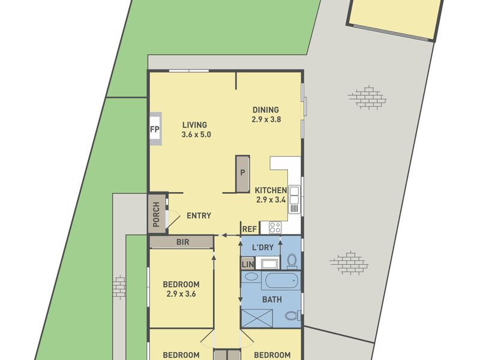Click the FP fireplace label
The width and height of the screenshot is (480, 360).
(155, 129)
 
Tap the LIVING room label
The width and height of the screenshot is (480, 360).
(194, 125)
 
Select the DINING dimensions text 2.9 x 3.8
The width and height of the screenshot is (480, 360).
(266, 119)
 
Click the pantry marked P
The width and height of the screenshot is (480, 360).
(242, 174)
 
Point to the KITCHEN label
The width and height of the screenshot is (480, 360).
(271, 190)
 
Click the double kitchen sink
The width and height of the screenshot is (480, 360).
(294, 196)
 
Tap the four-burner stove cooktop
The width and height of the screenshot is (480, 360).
(275, 228)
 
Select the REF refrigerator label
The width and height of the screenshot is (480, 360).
(250, 229)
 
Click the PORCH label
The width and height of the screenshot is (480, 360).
(156, 214)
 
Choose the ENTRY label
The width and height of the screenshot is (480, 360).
(199, 216)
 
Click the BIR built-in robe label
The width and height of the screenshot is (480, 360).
(183, 242)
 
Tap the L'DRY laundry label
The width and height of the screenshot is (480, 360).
(263, 247)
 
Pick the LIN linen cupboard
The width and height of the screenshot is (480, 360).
(248, 264)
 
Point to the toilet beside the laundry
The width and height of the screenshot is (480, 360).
(292, 261)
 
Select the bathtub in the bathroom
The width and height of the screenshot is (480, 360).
(281, 281)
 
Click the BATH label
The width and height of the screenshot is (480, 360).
(272, 299)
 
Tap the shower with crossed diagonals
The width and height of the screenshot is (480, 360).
(257, 319)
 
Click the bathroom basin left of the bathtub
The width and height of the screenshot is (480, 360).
(251, 277)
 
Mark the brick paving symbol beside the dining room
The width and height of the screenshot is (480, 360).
(367, 97)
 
